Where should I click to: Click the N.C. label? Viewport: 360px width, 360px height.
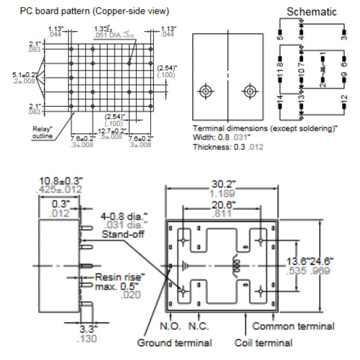[199, 325]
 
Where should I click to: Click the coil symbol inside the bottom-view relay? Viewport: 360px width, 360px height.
[234, 266]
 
